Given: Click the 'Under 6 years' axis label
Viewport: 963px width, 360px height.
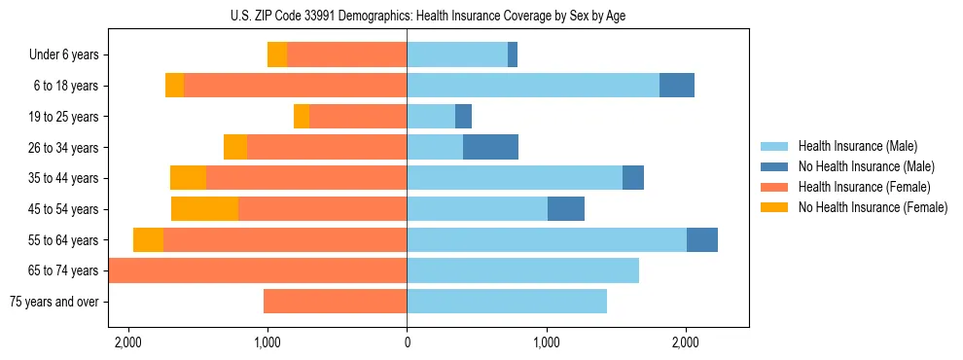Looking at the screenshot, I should (x=64, y=55).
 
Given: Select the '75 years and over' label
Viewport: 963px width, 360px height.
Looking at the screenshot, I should (x=54, y=302).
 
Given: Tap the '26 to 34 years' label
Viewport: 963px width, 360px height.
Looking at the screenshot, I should (x=61, y=148).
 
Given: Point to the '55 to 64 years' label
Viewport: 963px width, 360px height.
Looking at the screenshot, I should (x=61, y=240).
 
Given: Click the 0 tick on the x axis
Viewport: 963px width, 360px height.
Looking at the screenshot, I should (x=407, y=342).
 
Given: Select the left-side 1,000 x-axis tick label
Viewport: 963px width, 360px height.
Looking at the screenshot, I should (x=267, y=342).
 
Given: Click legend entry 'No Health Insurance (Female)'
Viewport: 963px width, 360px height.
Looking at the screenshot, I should (x=873, y=207).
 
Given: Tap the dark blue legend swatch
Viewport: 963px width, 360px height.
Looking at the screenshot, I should (x=774, y=166).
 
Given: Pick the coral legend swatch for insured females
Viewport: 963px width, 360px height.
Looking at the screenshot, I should (x=774, y=187).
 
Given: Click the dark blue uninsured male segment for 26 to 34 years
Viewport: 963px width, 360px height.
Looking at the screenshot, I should (x=490, y=148).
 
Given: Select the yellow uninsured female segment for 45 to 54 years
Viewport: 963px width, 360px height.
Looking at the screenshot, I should (x=204, y=209).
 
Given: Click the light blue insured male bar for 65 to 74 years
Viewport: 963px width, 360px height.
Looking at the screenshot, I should (x=522, y=270).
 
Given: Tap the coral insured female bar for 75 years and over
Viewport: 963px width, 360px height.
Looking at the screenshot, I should (x=335, y=302).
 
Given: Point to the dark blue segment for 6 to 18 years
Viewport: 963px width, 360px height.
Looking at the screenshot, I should (x=677, y=86).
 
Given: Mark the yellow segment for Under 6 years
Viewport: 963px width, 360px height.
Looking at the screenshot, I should (x=277, y=55).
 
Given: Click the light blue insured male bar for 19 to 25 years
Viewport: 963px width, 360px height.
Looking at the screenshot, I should (x=431, y=117).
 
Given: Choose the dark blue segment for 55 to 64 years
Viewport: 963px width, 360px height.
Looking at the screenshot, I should (x=702, y=240).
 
